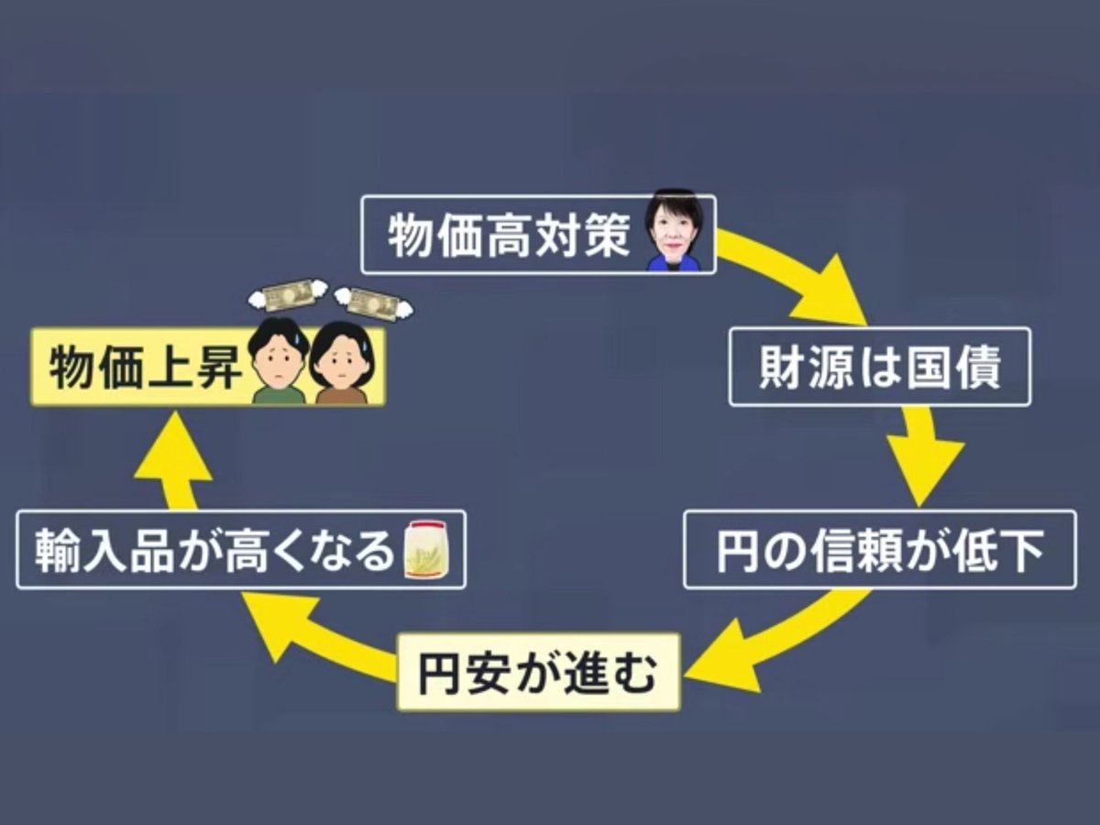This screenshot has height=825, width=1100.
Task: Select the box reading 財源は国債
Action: [879, 367]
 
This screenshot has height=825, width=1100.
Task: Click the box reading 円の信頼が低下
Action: [879, 549]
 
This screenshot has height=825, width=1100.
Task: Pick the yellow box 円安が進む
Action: [538, 672]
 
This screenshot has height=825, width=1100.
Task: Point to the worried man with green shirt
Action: [278, 364]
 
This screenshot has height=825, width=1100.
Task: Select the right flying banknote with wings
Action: [369, 300]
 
